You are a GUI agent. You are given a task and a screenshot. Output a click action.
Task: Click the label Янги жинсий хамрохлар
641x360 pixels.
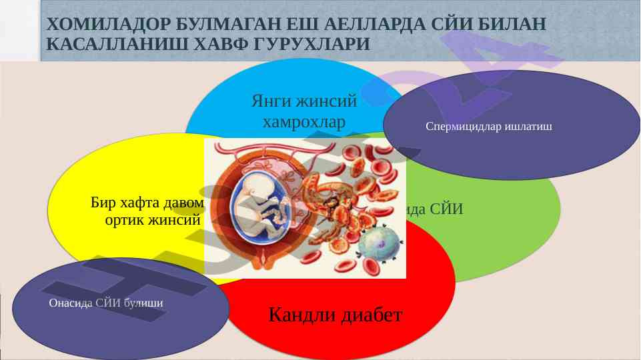tap(304, 112)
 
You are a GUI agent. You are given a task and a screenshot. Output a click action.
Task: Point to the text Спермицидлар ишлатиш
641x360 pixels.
tap(489, 126)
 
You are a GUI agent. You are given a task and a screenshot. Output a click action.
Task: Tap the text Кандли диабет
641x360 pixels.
tap(336, 314)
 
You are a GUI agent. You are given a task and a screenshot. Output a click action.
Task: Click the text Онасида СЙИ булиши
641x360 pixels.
tap(106, 303)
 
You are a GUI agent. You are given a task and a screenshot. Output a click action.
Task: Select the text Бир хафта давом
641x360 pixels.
tap(147, 203)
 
